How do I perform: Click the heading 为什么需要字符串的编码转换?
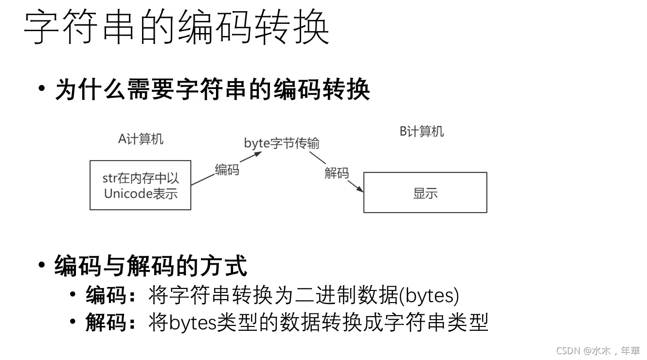click(x=212, y=90)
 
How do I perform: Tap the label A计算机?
click(x=141, y=139)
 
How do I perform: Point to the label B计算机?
click(x=421, y=131)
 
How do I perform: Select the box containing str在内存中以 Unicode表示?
click(x=140, y=185)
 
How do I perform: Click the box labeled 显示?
click(x=425, y=193)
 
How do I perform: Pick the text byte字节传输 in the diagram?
click(x=281, y=143)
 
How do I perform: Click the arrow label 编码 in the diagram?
click(x=227, y=169)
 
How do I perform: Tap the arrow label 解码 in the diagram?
click(x=336, y=172)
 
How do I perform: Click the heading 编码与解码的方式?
click(x=151, y=266)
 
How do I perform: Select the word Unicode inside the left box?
click(x=128, y=194)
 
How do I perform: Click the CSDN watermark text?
click(x=598, y=350)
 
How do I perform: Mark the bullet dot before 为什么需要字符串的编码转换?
click(x=42, y=89)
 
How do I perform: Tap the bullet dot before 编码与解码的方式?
click(x=42, y=265)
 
